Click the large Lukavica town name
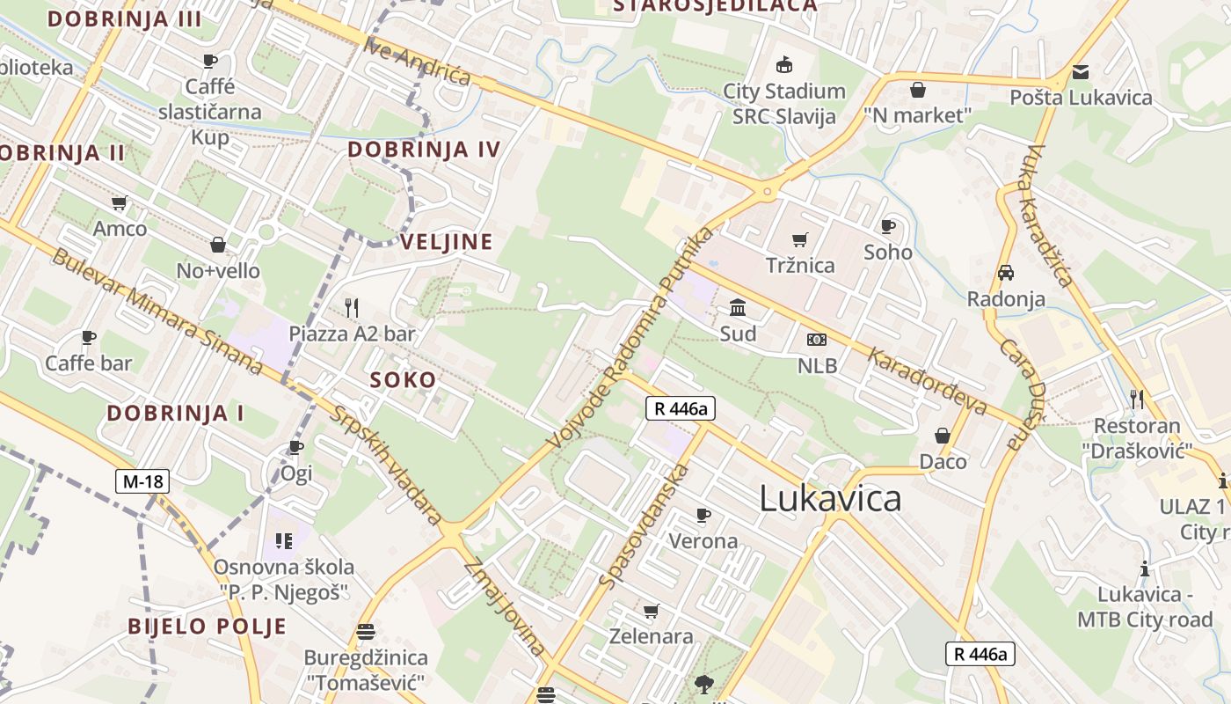[830, 499]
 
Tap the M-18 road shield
[142, 481]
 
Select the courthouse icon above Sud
[738, 308]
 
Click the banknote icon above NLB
[817, 340]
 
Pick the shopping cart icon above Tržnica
[800, 239]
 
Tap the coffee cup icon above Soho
[888, 227]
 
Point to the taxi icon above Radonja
[1006, 273]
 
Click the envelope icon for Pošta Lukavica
[1080, 72]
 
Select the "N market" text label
[917, 115]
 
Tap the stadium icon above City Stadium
[783, 65]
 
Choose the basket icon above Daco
[943, 436]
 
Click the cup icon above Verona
[703, 515]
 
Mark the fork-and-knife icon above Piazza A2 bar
[352, 307]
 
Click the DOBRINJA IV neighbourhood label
[424, 150]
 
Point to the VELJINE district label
[447, 242]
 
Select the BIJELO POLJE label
[208, 627]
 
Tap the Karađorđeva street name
[929, 379]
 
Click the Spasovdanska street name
[644, 526]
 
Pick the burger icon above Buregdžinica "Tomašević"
[366, 632]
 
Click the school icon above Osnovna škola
[283, 540]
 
